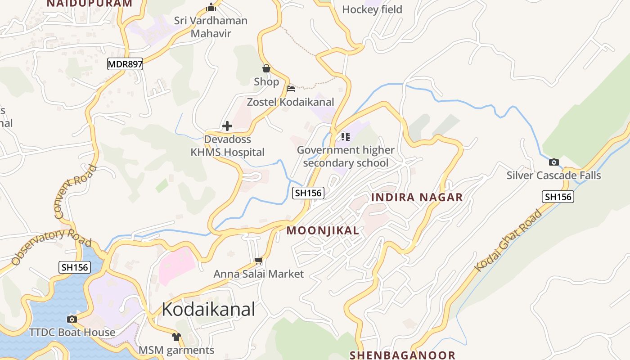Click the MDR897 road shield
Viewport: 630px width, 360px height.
coord(125,64)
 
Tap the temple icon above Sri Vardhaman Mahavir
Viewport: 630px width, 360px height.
coord(211,7)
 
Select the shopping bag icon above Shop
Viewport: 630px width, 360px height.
coord(266,68)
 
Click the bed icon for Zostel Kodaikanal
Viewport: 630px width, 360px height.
coord(291,88)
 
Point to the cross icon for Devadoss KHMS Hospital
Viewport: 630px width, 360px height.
coord(227,126)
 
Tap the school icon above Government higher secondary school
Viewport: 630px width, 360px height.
coord(345,136)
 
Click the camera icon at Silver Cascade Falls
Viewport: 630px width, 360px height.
coord(554,162)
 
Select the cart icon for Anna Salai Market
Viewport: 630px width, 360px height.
coord(258,261)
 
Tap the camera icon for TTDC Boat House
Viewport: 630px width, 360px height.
coord(72,319)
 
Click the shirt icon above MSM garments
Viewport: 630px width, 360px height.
coord(176,337)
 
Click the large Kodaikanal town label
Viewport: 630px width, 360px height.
coord(208,309)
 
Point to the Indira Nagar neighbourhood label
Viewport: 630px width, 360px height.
coord(417,197)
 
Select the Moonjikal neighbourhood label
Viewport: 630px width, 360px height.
coord(323,231)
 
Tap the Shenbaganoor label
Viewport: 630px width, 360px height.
coord(402,355)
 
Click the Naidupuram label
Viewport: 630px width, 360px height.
coord(90,4)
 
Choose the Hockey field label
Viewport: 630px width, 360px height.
coord(372,9)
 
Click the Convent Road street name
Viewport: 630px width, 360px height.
coord(76,192)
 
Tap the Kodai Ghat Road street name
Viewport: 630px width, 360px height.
coord(509,241)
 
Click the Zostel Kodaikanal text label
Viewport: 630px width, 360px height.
coord(291,102)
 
